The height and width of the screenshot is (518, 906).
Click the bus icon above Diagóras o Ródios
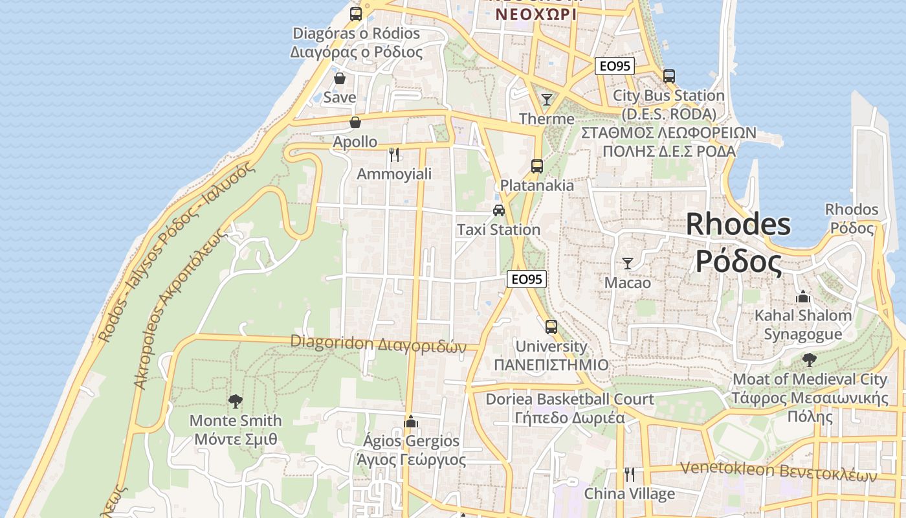tap(355, 14)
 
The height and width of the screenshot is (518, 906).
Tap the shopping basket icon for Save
tap(340, 78)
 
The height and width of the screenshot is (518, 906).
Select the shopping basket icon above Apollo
tap(355, 122)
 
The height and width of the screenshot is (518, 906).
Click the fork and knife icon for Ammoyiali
tap(394, 154)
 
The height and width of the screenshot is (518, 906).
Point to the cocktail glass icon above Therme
tap(547, 99)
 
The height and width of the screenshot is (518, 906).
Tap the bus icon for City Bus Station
tap(669, 76)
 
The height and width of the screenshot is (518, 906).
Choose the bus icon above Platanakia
tap(536, 166)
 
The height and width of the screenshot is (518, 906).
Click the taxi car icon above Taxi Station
tap(498, 210)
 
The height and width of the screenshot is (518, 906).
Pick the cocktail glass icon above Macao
tap(627, 263)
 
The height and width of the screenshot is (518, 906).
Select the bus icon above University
tap(551, 327)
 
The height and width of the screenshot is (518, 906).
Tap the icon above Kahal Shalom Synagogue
tap(803, 296)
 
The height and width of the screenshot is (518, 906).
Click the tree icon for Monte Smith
tap(236, 401)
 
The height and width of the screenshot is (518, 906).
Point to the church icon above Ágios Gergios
tap(411, 422)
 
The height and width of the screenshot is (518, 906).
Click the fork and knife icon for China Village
tap(629, 475)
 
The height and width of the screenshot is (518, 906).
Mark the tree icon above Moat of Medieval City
tap(809, 359)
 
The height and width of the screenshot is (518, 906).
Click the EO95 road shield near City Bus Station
tap(615, 66)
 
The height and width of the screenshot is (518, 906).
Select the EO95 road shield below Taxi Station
tap(527, 279)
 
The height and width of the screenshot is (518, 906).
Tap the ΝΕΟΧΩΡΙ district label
tap(535, 14)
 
